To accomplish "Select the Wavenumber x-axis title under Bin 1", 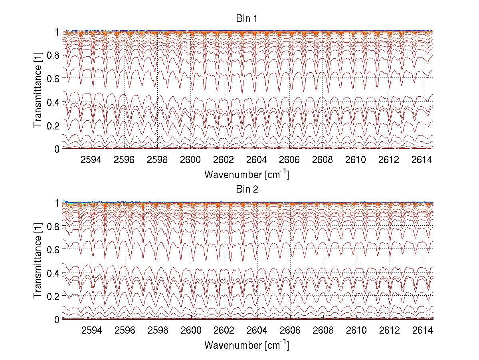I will point(246,175).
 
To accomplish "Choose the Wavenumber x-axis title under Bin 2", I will point(246,345).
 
